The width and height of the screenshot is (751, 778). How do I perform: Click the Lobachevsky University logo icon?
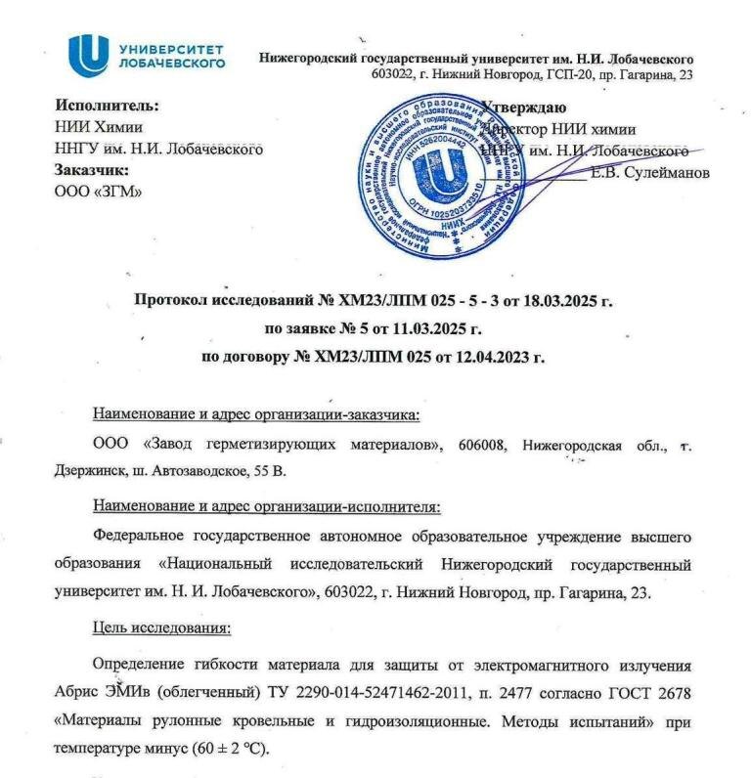point(88,56)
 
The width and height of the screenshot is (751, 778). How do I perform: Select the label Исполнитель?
point(107,107)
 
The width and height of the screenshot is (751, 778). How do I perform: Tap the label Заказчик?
point(93,170)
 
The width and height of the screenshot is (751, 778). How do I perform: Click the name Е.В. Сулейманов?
point(650,173)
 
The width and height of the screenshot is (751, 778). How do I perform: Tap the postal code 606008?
point(479,447)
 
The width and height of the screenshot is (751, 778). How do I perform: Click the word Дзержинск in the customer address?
point(87,471)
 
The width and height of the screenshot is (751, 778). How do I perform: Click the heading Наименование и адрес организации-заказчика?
point(255,414)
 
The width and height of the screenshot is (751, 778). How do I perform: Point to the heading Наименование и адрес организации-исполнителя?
point(266,506)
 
